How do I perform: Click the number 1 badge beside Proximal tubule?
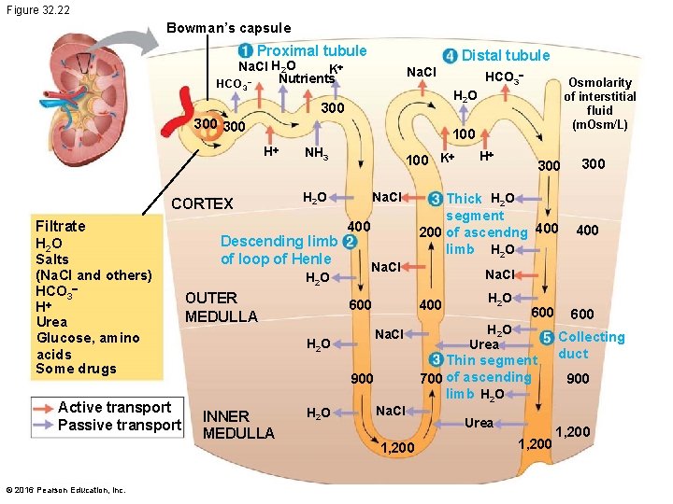tap(244, 51)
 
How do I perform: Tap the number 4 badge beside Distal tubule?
tap(450, 56)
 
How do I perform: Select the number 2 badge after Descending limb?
tap(349, 242)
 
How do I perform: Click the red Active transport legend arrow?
tap(43, 407)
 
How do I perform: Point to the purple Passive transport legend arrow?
tap(43, 426)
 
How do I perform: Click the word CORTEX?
tap(202, 203)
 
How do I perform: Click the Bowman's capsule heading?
tap(228, 28)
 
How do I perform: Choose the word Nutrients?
tap(307, 78)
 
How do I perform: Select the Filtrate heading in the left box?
tap(60, 226)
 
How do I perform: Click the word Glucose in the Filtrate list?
tap(63, 338)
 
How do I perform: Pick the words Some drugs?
tap(76, 369)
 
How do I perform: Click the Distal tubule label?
tap(506, 56)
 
